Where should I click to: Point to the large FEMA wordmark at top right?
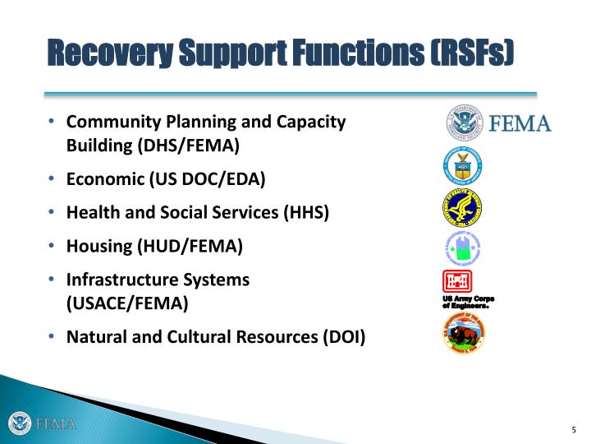520,124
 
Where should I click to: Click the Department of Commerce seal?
463,167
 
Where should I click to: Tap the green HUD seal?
463,247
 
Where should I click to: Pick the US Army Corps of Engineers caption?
469,301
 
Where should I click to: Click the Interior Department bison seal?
464,333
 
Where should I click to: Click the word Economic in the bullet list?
106,179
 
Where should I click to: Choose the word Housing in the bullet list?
98,245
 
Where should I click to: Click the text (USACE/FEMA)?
127,303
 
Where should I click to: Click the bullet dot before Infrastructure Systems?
52,279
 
